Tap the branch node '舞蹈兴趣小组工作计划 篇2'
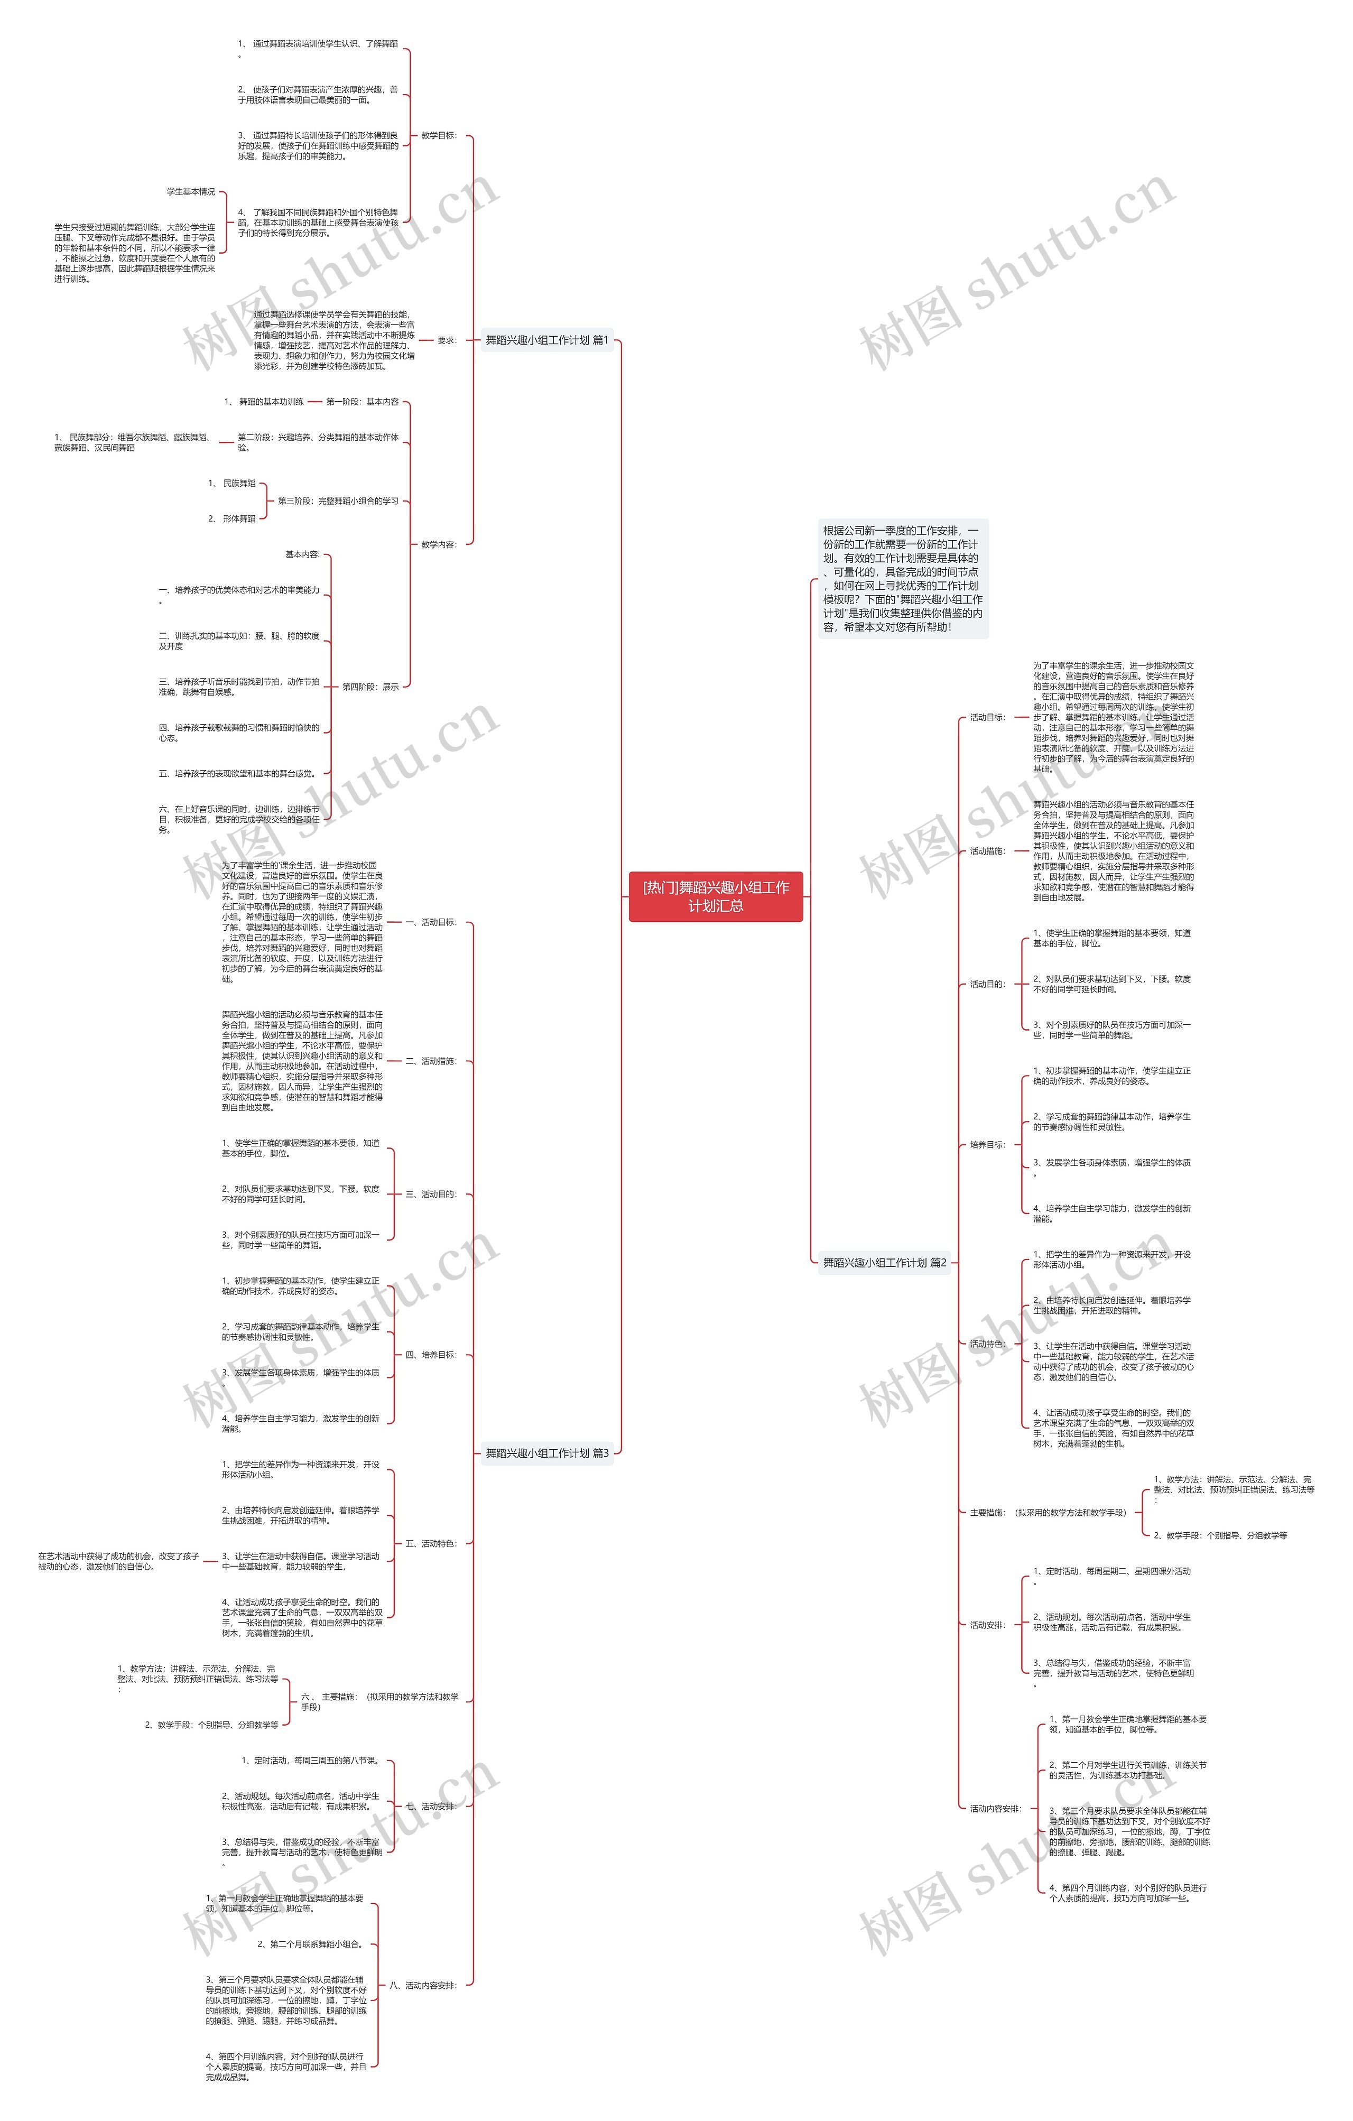point(884,1262)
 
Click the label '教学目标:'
point(439,136)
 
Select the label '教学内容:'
point(439,544)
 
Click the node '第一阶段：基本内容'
point(362,402)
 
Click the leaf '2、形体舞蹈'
point(231,519)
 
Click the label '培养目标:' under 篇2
point(987,1144)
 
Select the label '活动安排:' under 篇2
point(987,1625)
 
